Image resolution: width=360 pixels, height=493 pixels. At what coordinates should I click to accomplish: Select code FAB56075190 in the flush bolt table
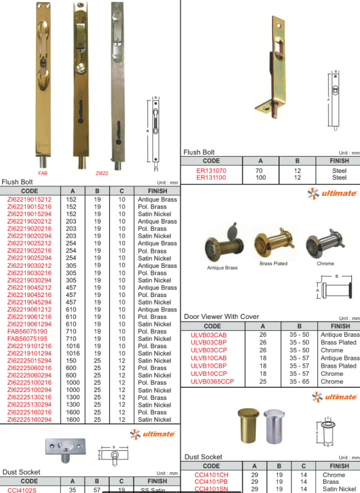point(28,332)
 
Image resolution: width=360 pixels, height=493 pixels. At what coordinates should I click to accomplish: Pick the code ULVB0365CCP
point(212,381)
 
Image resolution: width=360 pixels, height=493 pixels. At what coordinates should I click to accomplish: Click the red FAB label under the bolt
point(43,172)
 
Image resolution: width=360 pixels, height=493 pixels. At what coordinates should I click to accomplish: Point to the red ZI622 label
point(102,172)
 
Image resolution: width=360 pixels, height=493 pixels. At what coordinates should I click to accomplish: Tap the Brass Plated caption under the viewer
point(273,263)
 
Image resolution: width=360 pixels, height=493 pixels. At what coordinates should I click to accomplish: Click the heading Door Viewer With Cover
point(221,317)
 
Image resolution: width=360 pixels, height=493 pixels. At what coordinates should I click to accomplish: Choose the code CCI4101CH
point(211,475)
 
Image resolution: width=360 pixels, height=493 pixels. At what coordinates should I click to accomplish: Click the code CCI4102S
point(22,490)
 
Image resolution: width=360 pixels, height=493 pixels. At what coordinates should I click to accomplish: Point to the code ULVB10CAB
point(208,358)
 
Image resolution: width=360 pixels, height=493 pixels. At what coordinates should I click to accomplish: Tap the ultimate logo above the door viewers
point(332,193)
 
